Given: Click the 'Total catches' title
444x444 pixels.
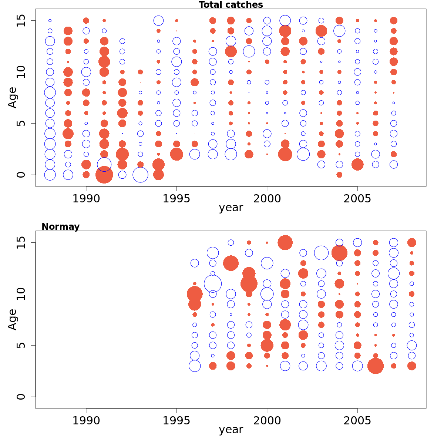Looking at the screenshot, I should click(x=231, y=5).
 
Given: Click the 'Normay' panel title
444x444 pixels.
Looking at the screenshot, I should click(x=60, y=226).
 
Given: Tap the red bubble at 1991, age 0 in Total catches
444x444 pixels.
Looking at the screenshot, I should click(x=104, y=175).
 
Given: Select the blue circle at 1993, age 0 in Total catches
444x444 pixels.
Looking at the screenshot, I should click(x=140, y=175).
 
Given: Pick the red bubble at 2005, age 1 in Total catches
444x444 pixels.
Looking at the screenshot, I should click(x=357, y=164).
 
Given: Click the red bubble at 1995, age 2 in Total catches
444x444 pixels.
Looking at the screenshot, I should click(x=176, y=154).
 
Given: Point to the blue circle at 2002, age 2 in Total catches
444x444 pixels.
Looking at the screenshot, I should click(x=303, y=154).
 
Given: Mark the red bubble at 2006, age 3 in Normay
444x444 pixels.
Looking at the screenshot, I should click(x=376, y=366).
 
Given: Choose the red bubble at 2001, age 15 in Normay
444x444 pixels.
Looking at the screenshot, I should click(x=285, y=243).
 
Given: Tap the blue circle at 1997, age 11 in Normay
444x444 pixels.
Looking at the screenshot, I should click(x=213, y=284).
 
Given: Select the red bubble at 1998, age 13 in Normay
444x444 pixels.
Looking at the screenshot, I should click(x=231, y=263).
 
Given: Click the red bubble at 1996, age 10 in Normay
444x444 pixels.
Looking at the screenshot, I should click(x=195, y=294).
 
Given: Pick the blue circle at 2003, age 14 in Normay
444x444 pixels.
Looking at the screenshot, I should click(x=321, y=253).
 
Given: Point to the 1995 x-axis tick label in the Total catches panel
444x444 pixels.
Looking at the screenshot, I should click(x=176, y=199).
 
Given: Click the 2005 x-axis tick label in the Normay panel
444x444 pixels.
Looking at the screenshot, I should click(x=357, y=421).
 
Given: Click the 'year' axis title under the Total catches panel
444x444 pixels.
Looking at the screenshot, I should click(x=231, y=208).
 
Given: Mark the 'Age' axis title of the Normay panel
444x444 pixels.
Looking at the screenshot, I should click(x=13, y=319).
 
